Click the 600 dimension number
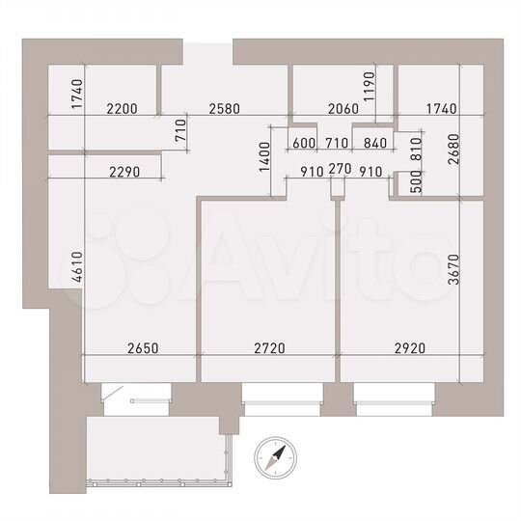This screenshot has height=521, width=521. click(x=304, y=144)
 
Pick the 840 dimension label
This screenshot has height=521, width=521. click(x=370, y=144)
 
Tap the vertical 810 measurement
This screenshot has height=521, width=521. click(x=417, y=145)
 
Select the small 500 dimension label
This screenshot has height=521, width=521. click(x=417, y=183)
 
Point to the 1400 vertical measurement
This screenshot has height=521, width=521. click(x=264, y=154)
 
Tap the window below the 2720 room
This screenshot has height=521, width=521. click(x=281, y=395)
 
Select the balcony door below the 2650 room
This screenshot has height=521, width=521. click(x=135, y=394)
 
